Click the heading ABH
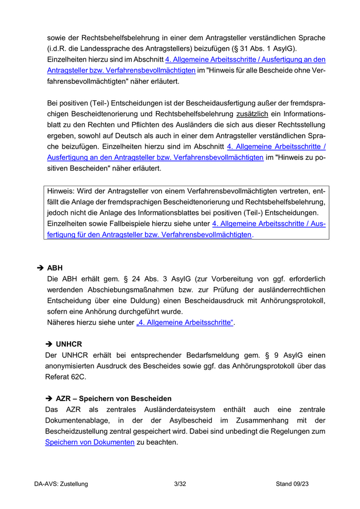coord(55,268)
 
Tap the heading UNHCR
coord(69,344)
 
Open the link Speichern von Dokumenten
coord(90,442)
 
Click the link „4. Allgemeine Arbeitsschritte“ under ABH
coord(185,322)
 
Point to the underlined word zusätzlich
coord(253,114)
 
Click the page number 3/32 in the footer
coord(180,484)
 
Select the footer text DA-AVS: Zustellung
coord(61,484)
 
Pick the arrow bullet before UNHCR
coord(49,344)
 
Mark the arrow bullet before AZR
coord(49,398)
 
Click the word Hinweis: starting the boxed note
coord(61,191)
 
